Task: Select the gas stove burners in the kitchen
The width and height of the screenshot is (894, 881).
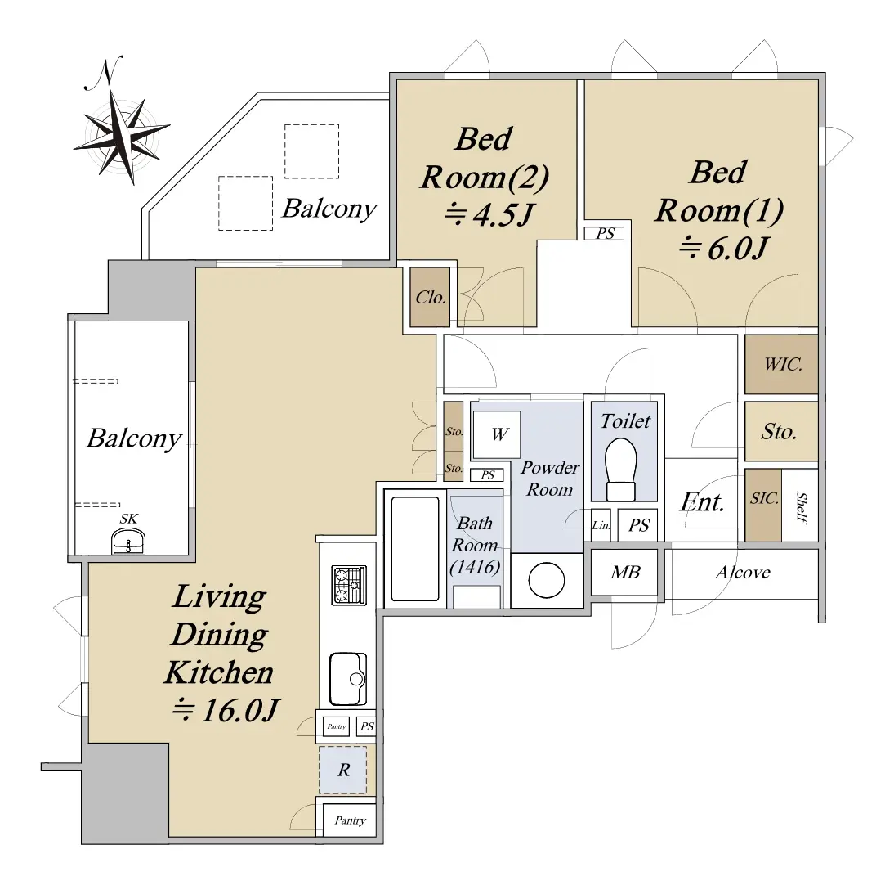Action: pos(349,585)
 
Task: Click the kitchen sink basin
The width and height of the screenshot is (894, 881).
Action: pos(348,679)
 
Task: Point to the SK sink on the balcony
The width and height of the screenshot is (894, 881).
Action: pos(128,541)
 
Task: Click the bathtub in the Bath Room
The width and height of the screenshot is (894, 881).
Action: pos(415,549)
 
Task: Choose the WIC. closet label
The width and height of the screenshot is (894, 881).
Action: pos(783,364)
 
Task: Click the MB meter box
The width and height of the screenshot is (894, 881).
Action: pos(625,572)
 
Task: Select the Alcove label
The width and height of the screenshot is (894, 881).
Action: pos(742,573)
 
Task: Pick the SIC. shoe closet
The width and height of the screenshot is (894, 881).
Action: pos(763,505)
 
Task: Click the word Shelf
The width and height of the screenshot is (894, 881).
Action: pos(801,506)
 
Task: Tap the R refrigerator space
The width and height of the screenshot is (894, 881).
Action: pos(342,770)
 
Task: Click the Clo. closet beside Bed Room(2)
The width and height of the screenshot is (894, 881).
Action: pos(430,297)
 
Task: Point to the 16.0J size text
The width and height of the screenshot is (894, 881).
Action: pos(226,710)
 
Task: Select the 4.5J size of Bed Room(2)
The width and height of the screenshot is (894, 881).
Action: pos(489,214)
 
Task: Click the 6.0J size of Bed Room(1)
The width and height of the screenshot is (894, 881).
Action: pos(724,248)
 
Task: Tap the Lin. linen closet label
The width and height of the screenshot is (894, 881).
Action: pos(601,525)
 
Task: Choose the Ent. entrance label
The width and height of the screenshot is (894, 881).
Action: pos(703,502)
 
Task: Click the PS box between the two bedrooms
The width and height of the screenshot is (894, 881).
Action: pos(605,233)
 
